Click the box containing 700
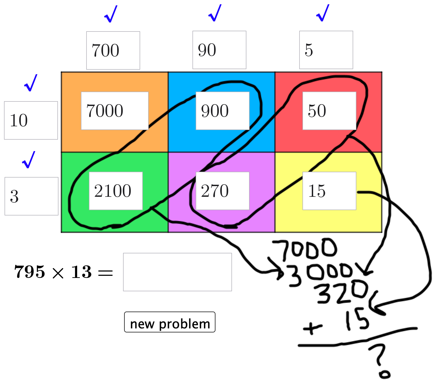tap(113, 50)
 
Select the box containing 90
tap(219, 50)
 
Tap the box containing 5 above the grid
tap(326, 50)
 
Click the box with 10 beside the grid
tap(31, 120)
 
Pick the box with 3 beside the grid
tap(31, 196)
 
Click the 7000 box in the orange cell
tap(115, 111)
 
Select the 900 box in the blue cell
tap(222, 111)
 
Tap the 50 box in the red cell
tap(329, 111)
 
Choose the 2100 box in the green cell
tap(116, 191)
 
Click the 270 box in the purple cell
tap(222, 191)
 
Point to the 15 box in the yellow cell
tap(329, 191)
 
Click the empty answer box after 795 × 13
tap(177, 272)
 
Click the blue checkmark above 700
tap(111, 14)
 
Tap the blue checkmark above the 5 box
tap(323, 13)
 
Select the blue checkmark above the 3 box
tap(29, 160)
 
